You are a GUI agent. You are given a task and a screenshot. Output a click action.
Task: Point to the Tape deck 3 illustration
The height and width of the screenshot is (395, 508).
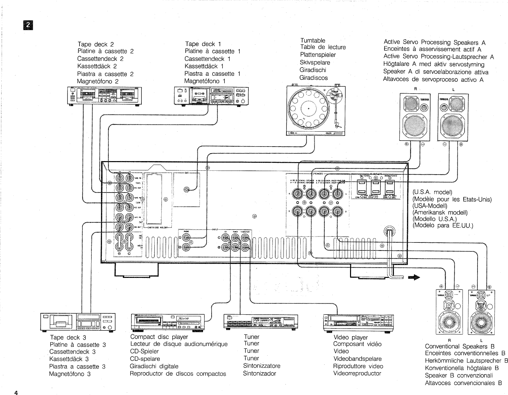[78, 322]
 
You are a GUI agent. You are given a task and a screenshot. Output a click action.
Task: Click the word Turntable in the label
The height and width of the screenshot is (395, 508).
[313, 40]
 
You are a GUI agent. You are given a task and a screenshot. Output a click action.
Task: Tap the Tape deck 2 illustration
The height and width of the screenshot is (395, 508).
[104, 96]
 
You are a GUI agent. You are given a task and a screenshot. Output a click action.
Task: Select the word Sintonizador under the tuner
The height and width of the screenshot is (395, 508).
[259, 373]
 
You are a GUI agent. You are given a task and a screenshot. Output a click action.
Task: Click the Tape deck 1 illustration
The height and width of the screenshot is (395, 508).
[211, 96]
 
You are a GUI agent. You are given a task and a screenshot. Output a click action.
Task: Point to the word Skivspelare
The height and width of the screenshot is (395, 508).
[315, 63]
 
